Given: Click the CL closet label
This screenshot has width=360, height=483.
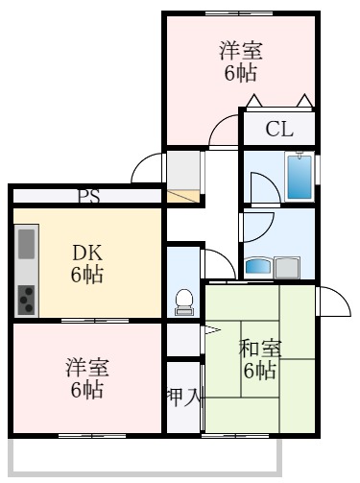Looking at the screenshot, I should click(278, 129).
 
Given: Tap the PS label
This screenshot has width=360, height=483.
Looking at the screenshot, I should click(89, 197).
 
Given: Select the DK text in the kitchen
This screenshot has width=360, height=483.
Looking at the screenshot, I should click(88, 254).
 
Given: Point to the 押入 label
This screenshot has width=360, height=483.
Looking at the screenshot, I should click(184, 396).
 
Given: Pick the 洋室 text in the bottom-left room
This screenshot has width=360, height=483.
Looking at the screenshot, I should click(87, 368).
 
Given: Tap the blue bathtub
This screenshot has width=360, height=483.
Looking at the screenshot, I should click(300, 175).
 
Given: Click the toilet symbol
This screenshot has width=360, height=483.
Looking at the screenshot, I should click(183, 302).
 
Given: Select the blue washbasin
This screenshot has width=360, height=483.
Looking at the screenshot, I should click(260, 266).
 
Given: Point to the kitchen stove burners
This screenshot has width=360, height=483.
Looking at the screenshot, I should click(26, 299).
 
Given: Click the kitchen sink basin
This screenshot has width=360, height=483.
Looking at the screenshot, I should click(26, 246).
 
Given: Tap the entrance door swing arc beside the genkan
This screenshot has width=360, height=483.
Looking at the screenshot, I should click(146, 167).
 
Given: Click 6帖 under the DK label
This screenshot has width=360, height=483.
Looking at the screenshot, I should click(88, 276).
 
